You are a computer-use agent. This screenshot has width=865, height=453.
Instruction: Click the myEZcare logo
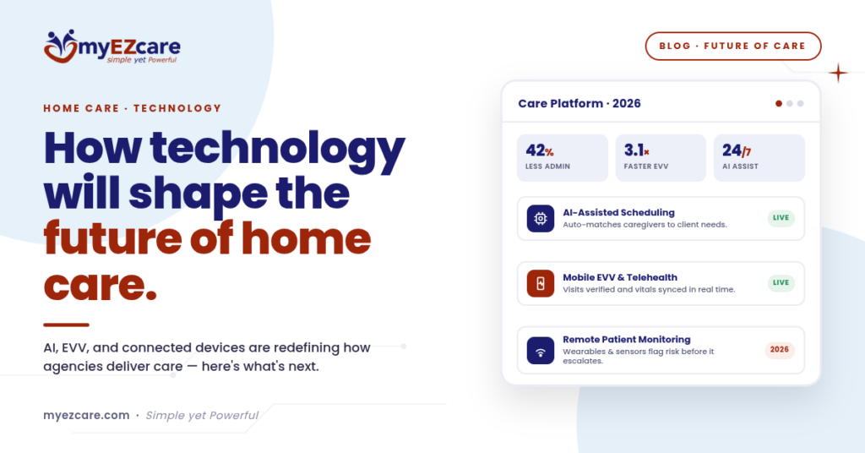[x=112, y=47]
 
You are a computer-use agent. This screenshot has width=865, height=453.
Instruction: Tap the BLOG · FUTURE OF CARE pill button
[x=732, y=46]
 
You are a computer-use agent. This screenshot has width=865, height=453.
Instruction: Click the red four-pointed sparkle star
[x=838, y=73]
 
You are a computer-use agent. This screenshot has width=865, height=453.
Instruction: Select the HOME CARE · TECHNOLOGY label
[x=132, y=108]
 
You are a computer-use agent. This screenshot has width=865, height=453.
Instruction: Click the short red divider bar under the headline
[x=66, y=325]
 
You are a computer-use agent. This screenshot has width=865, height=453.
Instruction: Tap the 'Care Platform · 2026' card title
[x=579, y=103]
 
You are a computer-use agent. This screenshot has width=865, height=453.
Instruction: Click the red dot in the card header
[x=779, y=103]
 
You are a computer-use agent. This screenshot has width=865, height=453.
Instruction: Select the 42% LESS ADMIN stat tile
[x=562, y=157]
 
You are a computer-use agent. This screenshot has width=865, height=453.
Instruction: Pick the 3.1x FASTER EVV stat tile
[x=661, y=157]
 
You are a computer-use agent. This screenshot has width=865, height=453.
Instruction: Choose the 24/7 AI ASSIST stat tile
[x=759, y=157]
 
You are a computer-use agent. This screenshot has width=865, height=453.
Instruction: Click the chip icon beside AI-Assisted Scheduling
[x=540, y=218]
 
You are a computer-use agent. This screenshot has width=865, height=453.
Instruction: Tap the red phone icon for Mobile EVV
[x=540, y=283]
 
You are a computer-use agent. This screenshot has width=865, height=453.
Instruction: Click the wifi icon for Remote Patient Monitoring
[x=540, y=350]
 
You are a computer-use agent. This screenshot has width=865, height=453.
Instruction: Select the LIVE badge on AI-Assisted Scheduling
[x=781, y=218]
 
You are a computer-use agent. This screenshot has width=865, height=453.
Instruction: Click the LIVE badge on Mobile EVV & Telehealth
[x=781, y=282]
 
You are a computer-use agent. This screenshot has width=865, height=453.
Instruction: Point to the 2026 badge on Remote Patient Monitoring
[x=779, y=350]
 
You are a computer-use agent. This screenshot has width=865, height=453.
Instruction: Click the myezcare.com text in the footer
[x=86, y=415]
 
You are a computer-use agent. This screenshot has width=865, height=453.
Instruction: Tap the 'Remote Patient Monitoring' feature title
[x=626, y=340]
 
